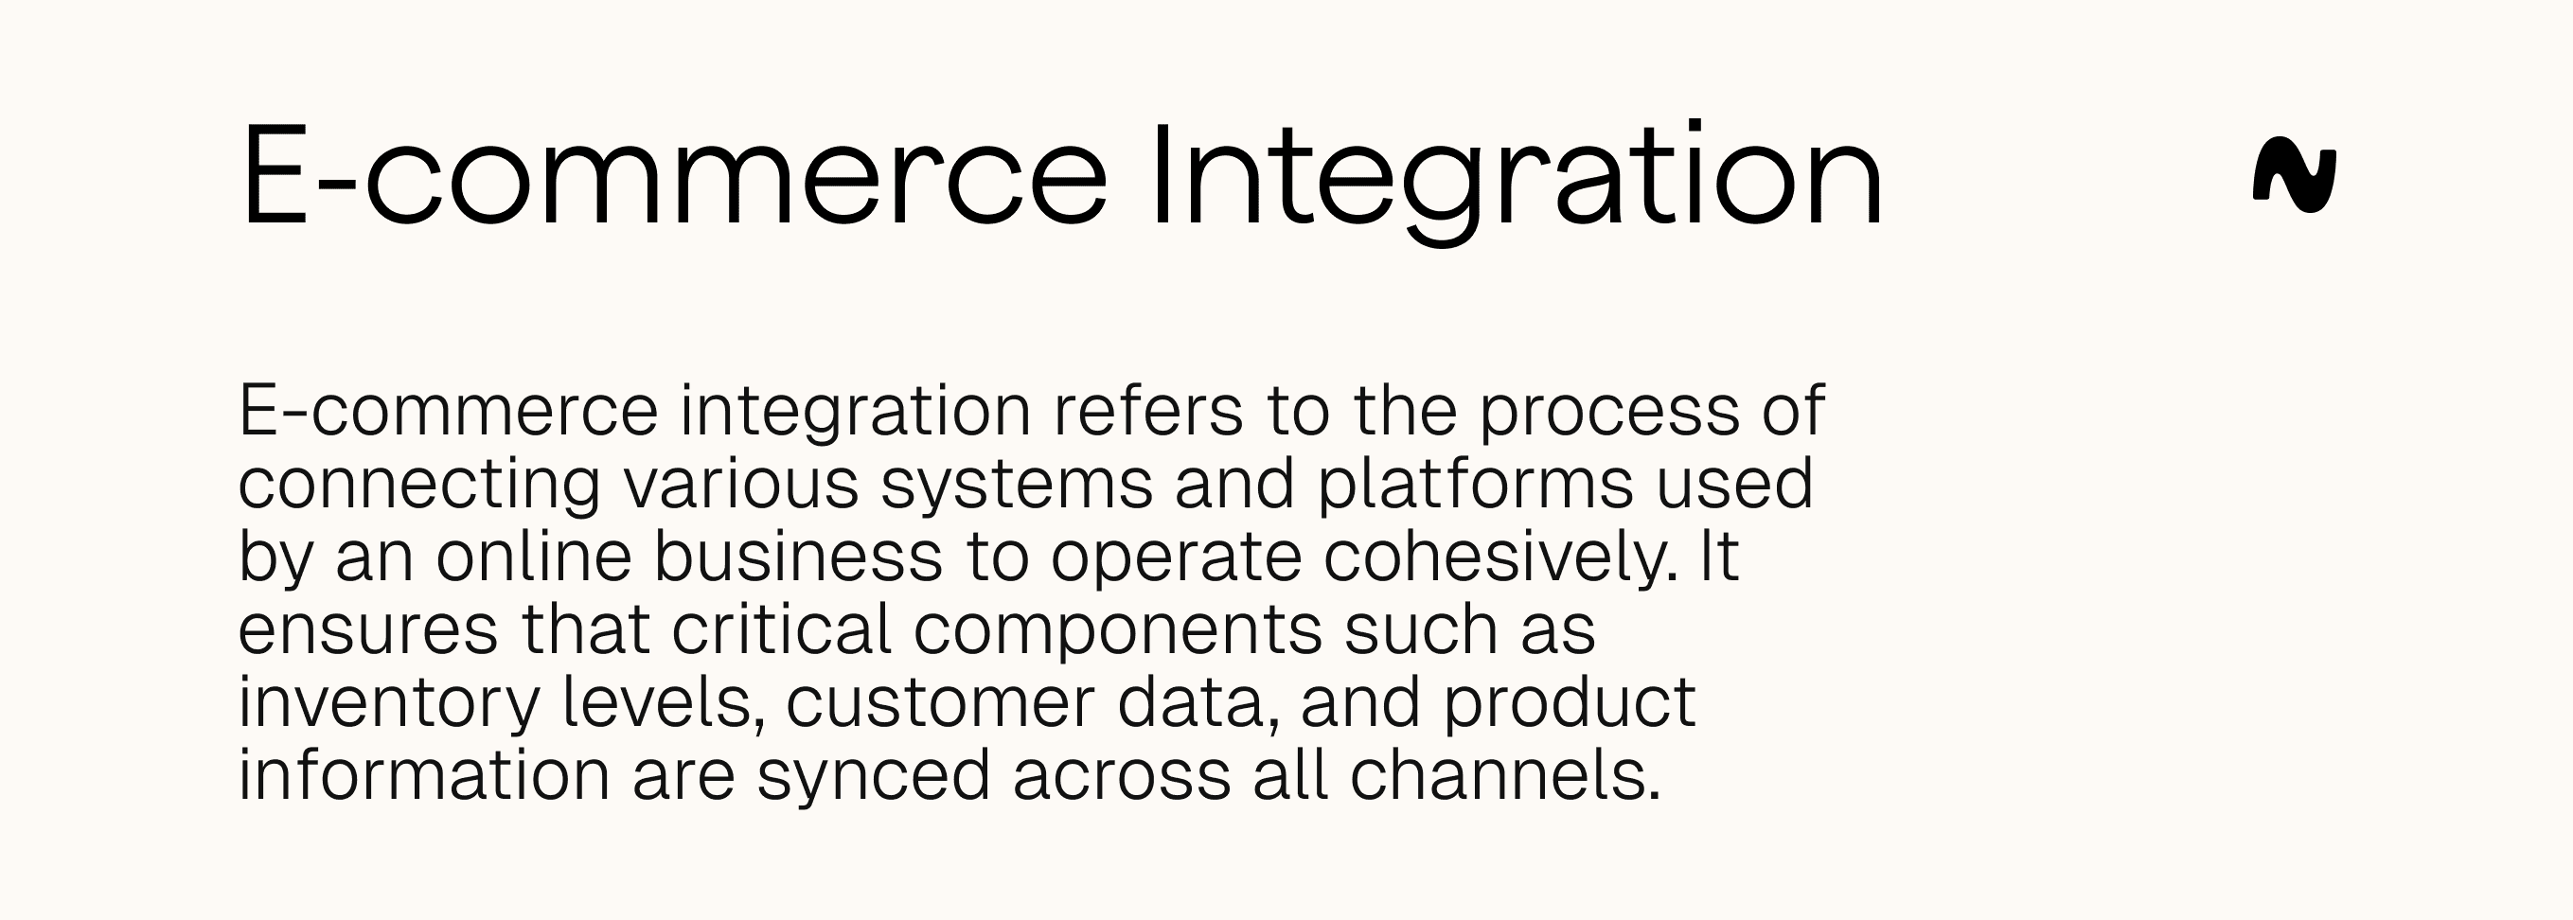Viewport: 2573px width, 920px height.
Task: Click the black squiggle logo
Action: [2295, 176]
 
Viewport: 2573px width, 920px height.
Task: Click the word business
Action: [798, 556]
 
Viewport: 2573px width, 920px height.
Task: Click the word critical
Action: [781, 629]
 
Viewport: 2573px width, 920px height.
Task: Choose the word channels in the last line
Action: [1505, 776]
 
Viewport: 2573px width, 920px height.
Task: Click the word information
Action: [423, 775]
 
